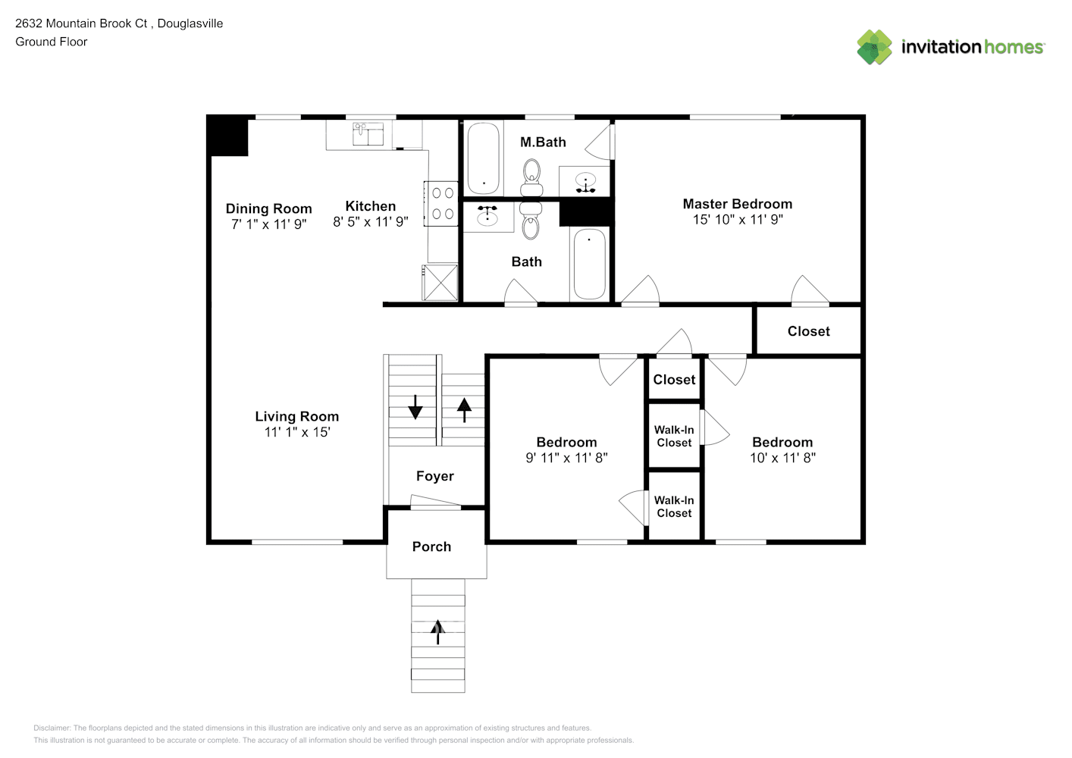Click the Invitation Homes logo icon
click(874, 47)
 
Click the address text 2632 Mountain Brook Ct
click(82, 23)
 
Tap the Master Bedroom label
click(737, 204)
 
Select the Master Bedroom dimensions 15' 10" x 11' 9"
click(737, 220)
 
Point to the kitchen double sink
click(368, 134)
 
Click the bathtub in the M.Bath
click(483, 159)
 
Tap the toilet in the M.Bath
click(531, 176)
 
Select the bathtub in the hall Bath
click(589, 264)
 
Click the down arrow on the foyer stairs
click(415, 407)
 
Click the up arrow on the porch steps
click(437, 631)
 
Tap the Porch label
click(431, 547)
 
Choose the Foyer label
click(434, 476)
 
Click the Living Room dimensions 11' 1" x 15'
click(296, 432)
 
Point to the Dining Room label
click(268, 208)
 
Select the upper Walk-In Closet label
click(674, 436)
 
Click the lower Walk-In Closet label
click(674, 506)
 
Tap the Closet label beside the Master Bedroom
click(808, 331)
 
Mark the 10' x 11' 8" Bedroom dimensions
click(782, 458)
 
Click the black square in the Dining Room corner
click(228, 136)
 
